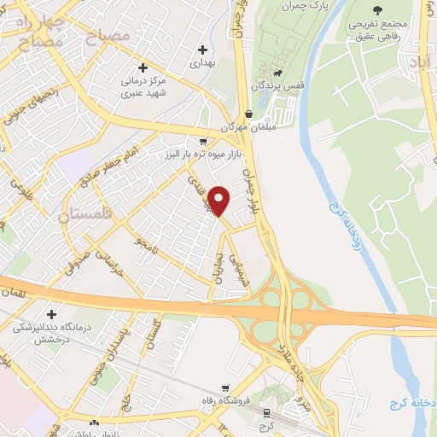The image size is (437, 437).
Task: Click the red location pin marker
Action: (x=219, y=200)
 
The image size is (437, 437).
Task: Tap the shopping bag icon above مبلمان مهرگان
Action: (x=248, y=114)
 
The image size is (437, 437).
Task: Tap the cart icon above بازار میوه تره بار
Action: (x=202, y=143)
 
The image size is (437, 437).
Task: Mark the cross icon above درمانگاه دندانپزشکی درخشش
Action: (x=53, y=315)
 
